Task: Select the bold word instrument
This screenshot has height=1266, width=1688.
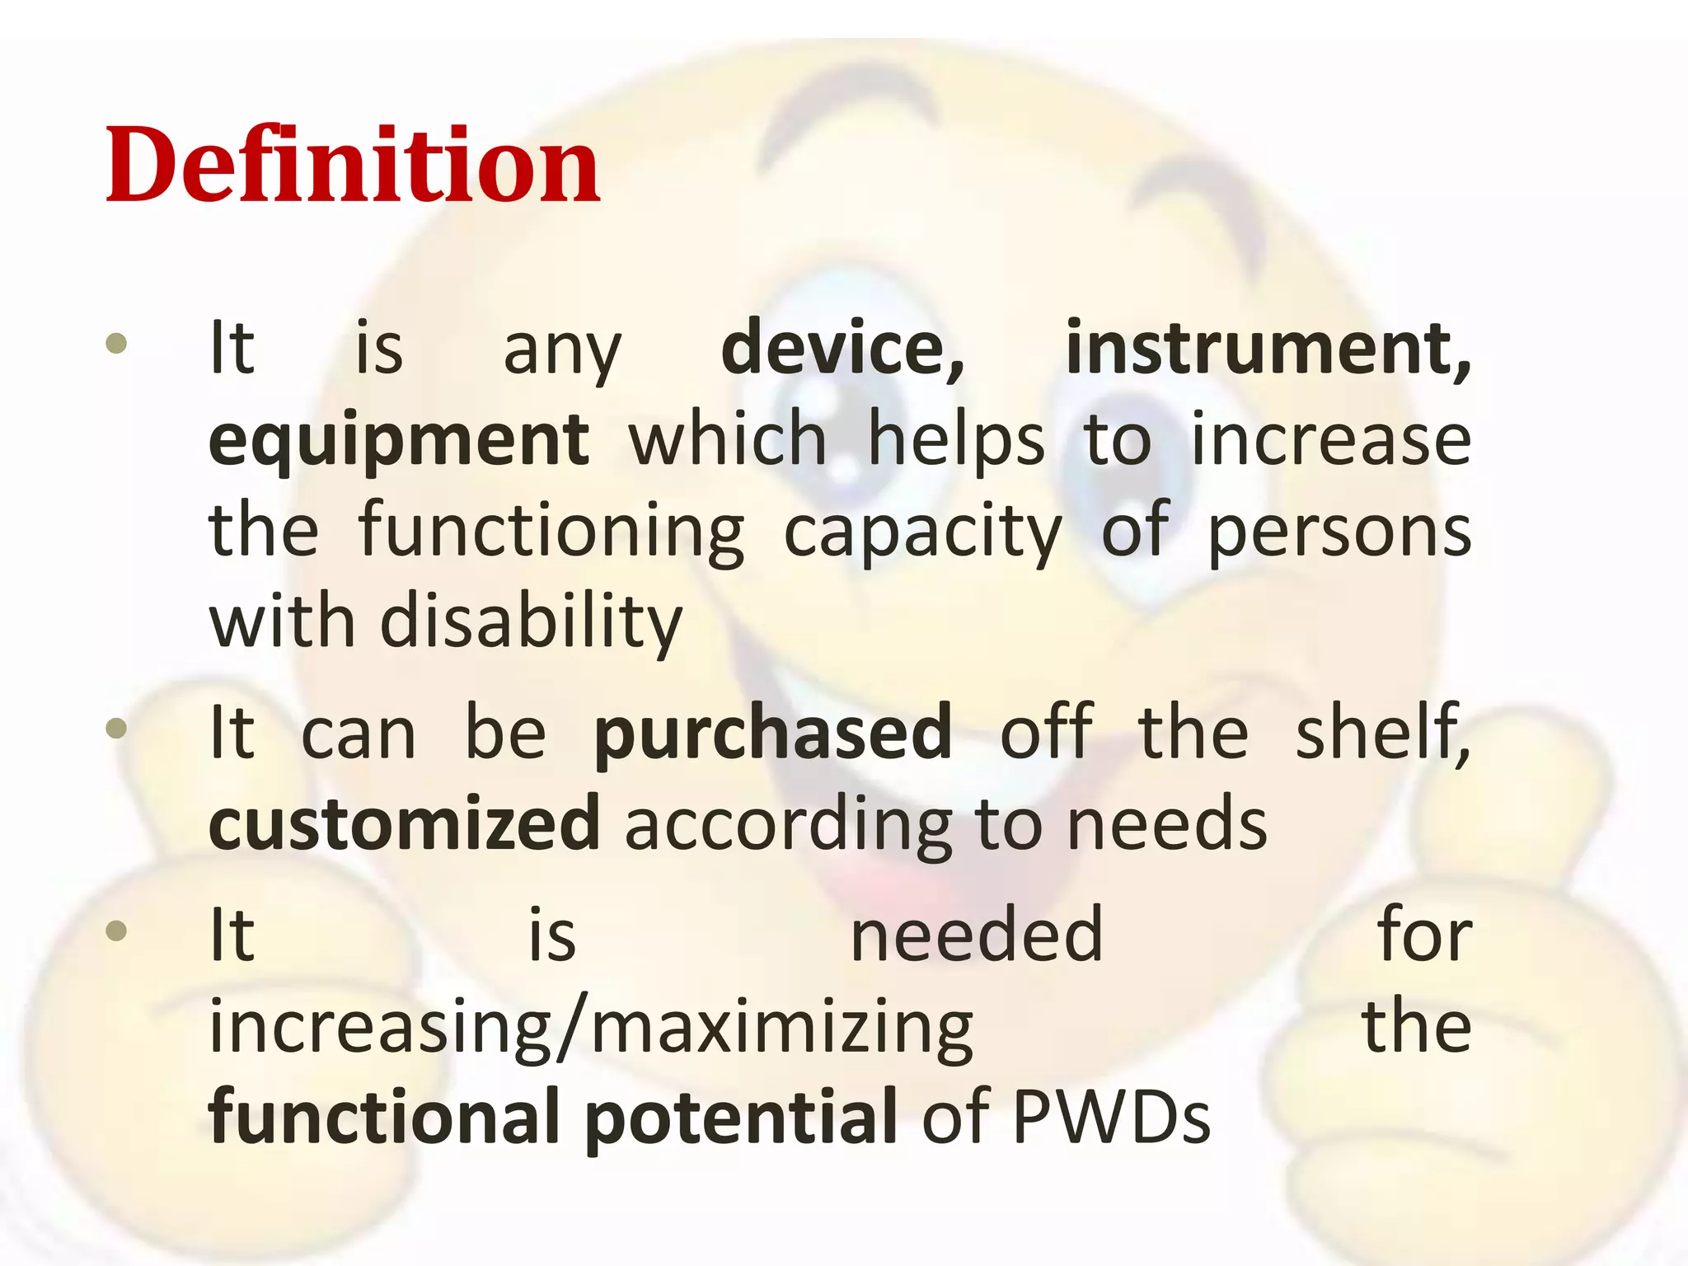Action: (x=1268, y=349)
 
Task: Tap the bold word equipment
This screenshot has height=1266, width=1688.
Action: (x=399, y=441)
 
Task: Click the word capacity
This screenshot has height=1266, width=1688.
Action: (x=922, y=533)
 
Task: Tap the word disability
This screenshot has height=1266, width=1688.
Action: (x=531, y=622)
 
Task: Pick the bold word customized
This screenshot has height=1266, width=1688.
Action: (x=405, y=823)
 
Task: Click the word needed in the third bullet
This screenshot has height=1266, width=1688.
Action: (x=977, y=935)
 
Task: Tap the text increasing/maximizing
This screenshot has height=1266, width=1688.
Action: (x=591, y=1028)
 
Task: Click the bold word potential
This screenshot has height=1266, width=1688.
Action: (x=740, y=1119)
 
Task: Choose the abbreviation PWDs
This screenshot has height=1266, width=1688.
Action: (x=1111, y=1118)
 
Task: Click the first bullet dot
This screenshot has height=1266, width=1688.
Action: (x=117, y=343)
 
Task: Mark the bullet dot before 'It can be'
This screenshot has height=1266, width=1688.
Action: (x=117, y=728)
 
